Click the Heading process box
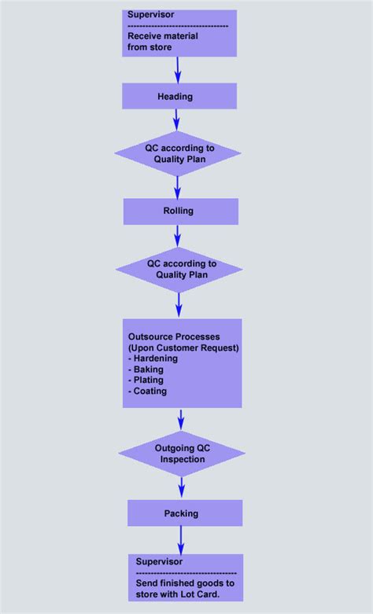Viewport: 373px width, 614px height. click(x=179, y=96)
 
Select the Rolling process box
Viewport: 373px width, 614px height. click(x=180, y=211)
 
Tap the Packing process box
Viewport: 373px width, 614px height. click(x=184, y=513)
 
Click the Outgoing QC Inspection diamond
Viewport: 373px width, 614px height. click(x=181, y=453)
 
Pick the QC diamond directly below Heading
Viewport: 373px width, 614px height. click(x=177, y=153)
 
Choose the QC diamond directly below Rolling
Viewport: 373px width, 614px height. click(x=179, y=270)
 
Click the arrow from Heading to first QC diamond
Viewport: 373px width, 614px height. click(x=177, y=119)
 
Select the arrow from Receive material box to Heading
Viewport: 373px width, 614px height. click(x=178, y=69)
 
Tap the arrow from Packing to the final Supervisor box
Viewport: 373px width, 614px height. click(x=182, y=540)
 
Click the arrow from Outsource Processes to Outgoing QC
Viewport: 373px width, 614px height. click(x=182, y=419)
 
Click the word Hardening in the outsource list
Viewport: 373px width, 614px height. click(x=155, y=358)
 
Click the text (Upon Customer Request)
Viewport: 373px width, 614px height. click(x=183, y=347)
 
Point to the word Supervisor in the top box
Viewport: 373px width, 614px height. click(x=151, y=15)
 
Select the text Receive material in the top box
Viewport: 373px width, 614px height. click(x=163, y=36)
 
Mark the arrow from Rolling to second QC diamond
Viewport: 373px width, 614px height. click(x=178, y=236)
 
